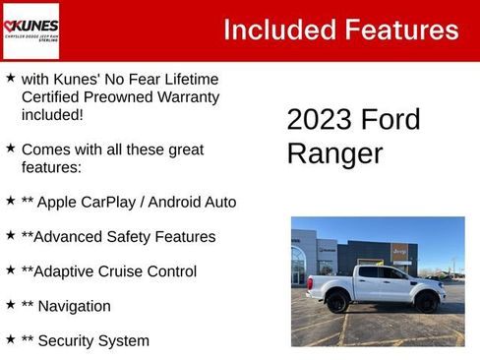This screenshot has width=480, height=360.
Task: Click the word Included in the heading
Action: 277,30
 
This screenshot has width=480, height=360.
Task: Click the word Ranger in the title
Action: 334,153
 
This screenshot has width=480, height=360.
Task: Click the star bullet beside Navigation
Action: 11,304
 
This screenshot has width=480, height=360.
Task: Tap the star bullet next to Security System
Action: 11,338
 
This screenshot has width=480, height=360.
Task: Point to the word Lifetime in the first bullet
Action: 188,79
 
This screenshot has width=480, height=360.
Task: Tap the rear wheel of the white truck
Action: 337,302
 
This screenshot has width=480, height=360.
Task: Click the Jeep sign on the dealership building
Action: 401,252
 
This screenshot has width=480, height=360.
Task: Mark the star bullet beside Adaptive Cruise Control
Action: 11,270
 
